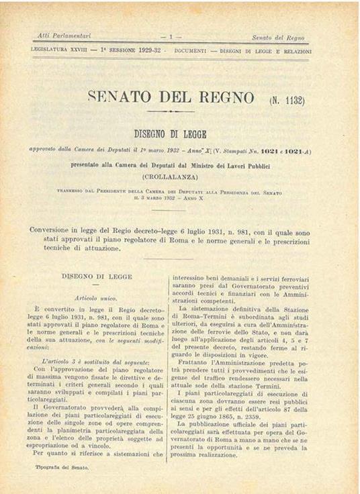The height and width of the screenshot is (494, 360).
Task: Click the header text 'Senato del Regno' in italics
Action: (278, 38)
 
